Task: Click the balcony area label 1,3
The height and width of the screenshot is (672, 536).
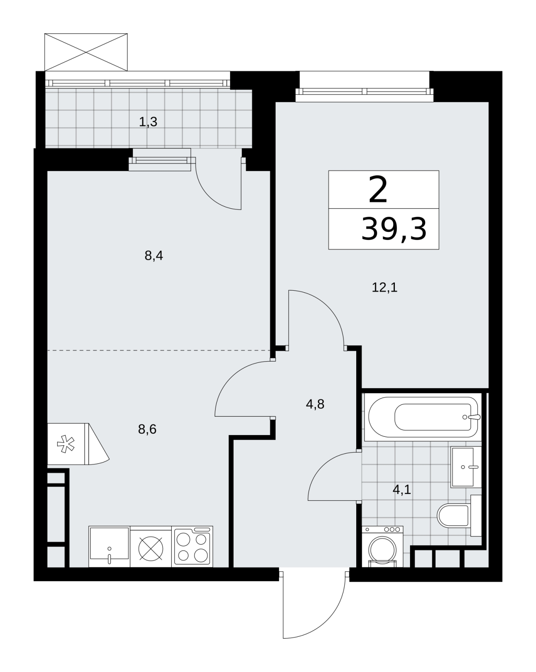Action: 148,122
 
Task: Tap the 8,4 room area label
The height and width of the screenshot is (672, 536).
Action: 154,256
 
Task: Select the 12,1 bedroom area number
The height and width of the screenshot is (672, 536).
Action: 384,287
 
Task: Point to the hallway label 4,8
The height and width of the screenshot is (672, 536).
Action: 315,404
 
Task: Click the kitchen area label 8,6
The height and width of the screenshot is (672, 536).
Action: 147,429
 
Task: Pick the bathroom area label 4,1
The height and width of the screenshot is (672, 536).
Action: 402,490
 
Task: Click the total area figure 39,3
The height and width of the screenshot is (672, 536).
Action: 394,229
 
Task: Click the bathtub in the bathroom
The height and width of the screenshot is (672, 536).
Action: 423,417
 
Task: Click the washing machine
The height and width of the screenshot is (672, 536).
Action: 382,546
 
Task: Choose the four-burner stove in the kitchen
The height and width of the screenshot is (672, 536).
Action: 192,546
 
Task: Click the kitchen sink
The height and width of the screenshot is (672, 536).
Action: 109,546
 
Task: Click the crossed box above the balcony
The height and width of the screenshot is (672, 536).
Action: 86,52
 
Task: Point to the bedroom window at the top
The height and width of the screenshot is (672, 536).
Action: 365,91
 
